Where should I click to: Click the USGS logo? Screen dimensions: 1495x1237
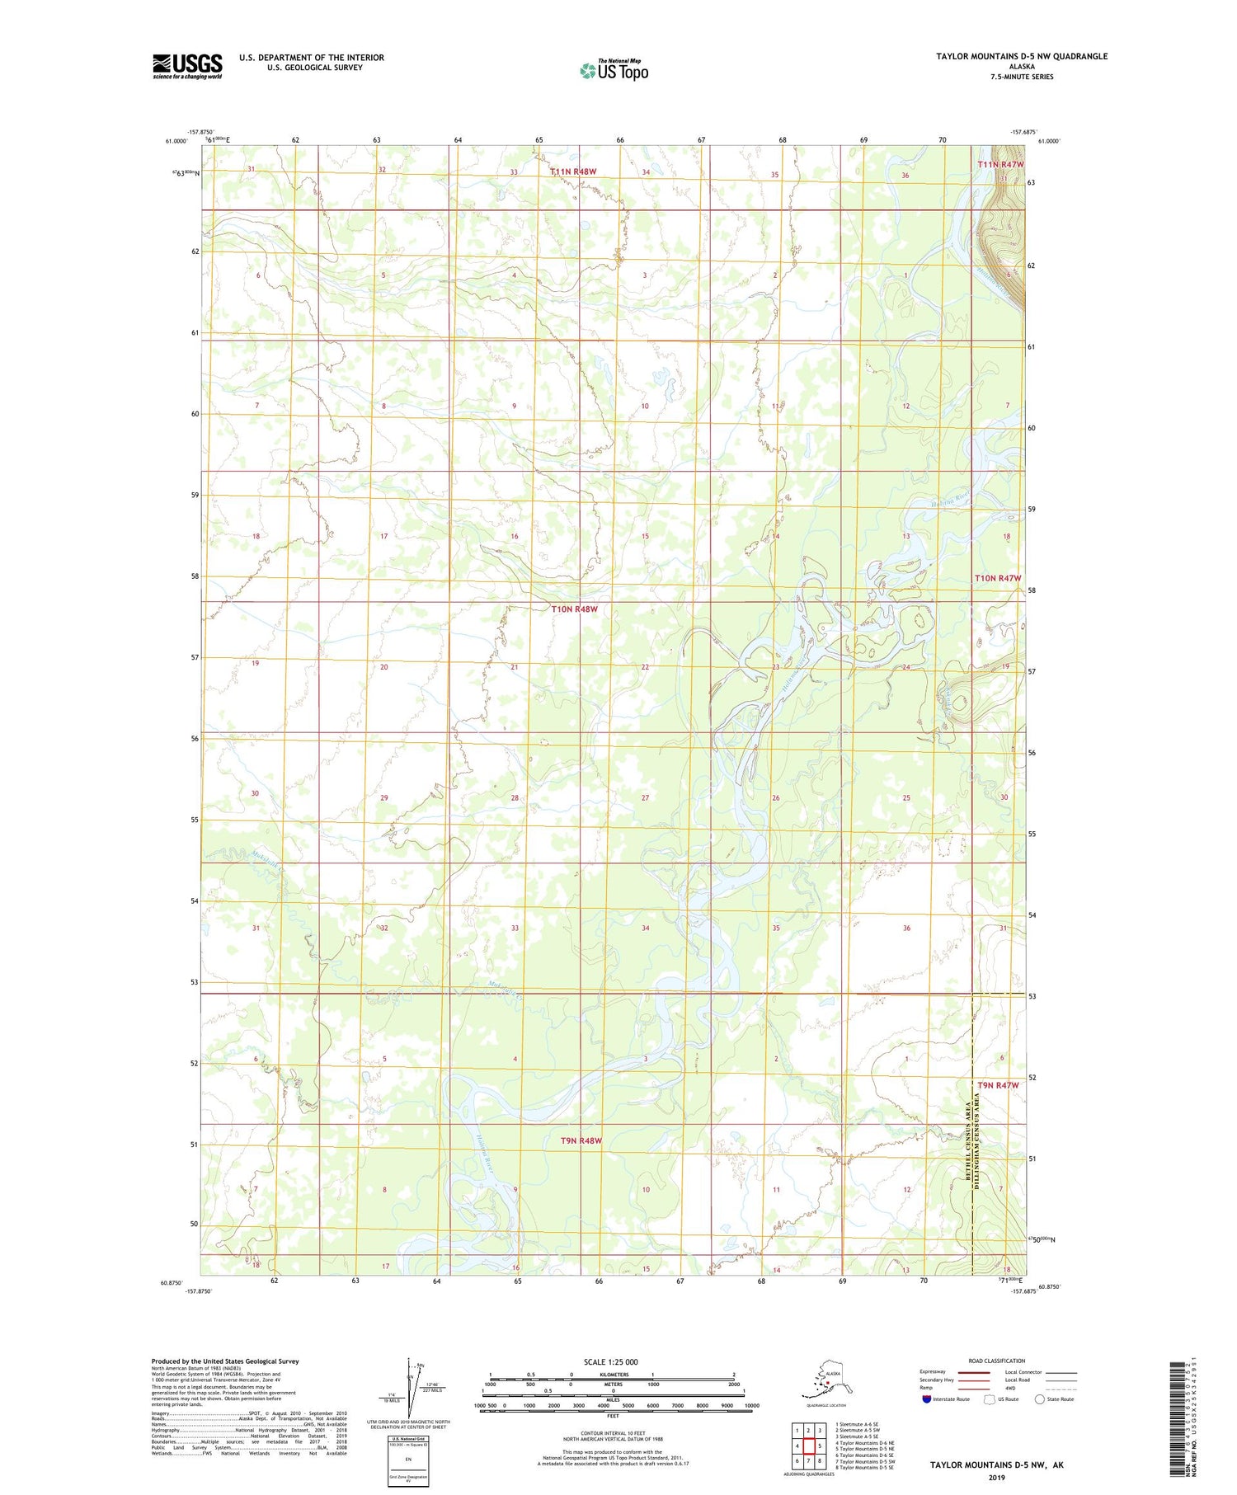[x=186, y=66]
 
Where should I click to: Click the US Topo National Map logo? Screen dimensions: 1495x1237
[x=614, y=70]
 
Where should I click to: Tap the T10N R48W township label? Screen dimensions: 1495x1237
[x=574, y=609]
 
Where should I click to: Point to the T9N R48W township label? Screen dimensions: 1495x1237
[x=581, y=1140]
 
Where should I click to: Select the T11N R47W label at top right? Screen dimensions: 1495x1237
[x=999, y=165]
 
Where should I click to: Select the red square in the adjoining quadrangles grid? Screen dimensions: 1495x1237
[x=809, y=1446]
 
